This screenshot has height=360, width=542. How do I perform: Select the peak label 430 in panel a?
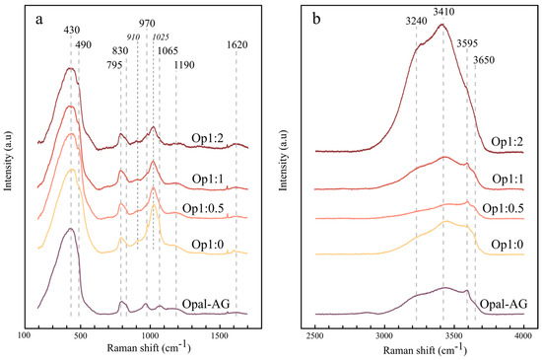[x=70, y=31]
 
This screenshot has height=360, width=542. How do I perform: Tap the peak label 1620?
[x=237, y=45]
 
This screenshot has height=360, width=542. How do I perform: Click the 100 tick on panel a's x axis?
[x=26, y=336]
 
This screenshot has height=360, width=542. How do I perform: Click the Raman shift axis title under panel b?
[x=419, y=350]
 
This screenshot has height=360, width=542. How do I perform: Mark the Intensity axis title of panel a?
[x=9, y=174]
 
